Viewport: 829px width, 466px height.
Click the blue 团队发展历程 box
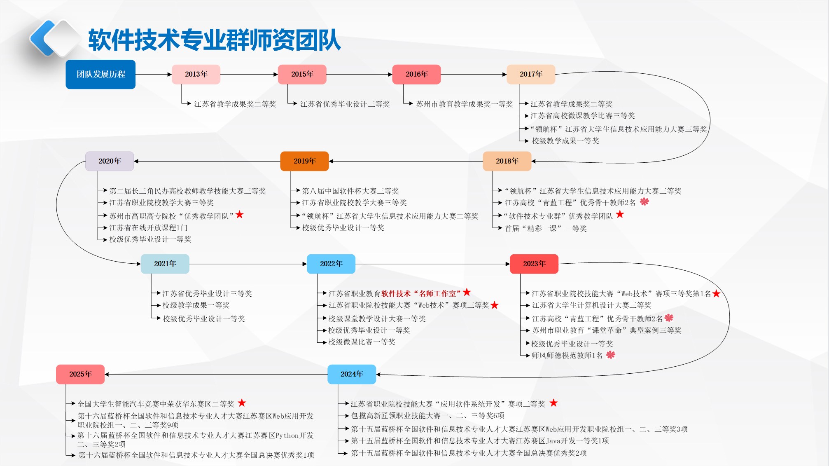pos(100,74)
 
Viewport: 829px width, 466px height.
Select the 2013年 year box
pos(196,74)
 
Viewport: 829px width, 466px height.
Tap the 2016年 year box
pos(416,74)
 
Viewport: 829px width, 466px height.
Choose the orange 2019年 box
pos(304,161)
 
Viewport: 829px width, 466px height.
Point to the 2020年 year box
pos(110,161)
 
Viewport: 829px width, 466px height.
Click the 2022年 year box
pos(331,264)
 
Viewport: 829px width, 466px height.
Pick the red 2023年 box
pos(534,264)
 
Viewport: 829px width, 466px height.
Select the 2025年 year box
pos(80,374)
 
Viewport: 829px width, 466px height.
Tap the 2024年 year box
pos(352,374)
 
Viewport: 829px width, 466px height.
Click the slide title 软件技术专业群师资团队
pos(214,40)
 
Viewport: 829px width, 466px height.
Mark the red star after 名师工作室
pos(467,292)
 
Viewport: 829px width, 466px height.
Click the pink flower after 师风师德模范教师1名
pos(610,355)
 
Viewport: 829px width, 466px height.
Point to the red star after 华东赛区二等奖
pos(242,403)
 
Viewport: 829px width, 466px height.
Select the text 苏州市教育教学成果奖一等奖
pos(465,104)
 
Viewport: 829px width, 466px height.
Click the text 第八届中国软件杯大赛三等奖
pos(350,191)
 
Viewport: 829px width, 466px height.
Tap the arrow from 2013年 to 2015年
pos(249,75)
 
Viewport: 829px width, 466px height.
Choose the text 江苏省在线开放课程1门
pos(148,228)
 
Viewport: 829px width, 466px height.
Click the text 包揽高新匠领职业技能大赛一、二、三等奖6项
pos(427,416)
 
